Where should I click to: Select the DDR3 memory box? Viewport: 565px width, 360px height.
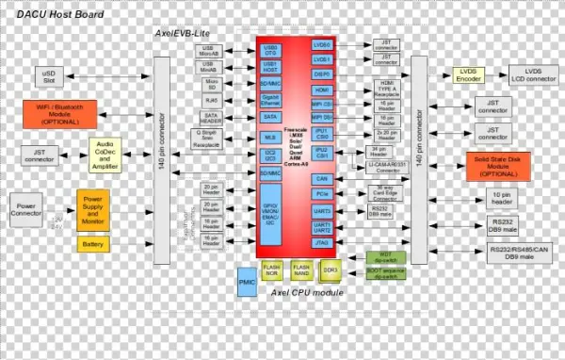point(331,270)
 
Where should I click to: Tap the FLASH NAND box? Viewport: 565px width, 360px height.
point(301,270)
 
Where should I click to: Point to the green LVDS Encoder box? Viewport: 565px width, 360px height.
point(467,75)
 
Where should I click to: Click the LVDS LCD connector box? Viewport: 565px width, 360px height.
point(534,75)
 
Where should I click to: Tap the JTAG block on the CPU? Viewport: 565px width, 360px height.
point(323,242)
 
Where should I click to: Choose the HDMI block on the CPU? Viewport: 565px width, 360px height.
point(322,90)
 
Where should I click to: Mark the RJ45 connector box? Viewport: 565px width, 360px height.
point(211,98)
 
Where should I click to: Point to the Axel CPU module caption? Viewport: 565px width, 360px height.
point(306,293)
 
